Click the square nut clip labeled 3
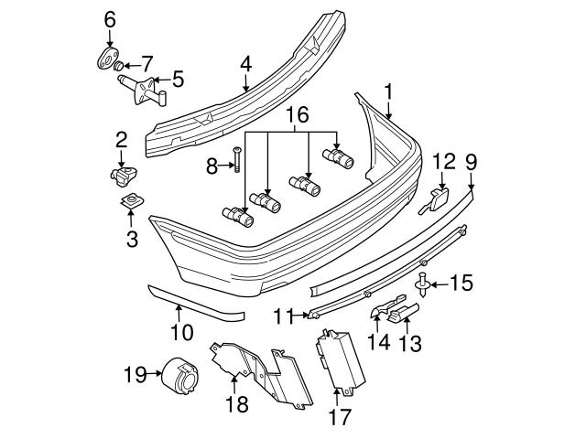(x=131, y=200)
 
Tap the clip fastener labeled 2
(x=119, y=173)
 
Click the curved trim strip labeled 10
(x=197, y=302)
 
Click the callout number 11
(x=284, y=316)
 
